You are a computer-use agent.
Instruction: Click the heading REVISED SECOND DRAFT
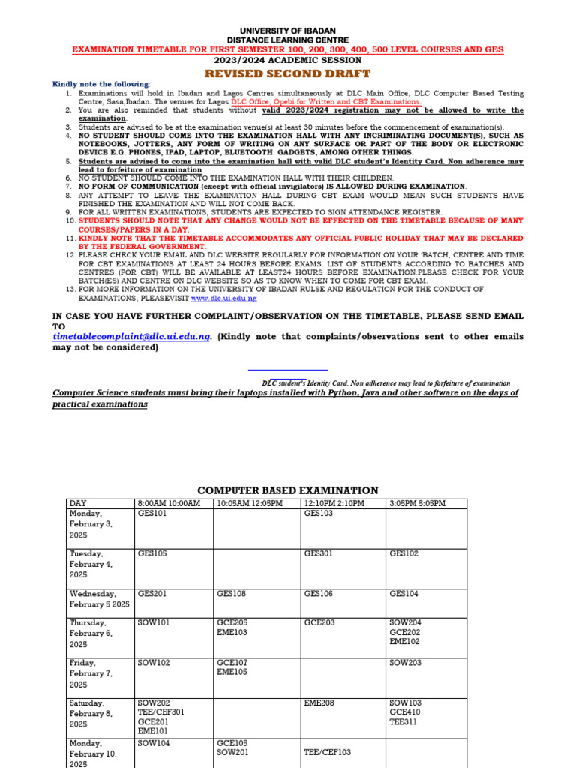point(288,73)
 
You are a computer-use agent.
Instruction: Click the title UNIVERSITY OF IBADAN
point(288,30)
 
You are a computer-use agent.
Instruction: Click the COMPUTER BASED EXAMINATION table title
point(288,490)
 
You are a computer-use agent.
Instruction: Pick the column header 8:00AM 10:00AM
point(169,503)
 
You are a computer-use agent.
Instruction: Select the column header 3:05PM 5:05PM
point(417,503)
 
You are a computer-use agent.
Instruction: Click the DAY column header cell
point(78,503)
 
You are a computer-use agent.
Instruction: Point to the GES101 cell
point(152,514)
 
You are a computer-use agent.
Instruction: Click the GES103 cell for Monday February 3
point(318,514)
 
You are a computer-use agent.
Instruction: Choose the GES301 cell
point(318,553)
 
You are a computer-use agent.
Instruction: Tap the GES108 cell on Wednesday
point(231,593)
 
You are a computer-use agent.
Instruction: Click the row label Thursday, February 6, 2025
point(88,634)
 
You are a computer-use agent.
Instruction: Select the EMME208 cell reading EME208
point(318,703)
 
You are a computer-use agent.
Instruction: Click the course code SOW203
point(405,663)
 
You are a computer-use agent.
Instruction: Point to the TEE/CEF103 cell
point(327,752)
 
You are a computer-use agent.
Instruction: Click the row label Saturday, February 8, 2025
point(90,714)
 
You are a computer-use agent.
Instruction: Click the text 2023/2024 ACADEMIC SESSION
point(288,60)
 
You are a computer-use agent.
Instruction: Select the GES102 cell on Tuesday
point(404,553)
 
